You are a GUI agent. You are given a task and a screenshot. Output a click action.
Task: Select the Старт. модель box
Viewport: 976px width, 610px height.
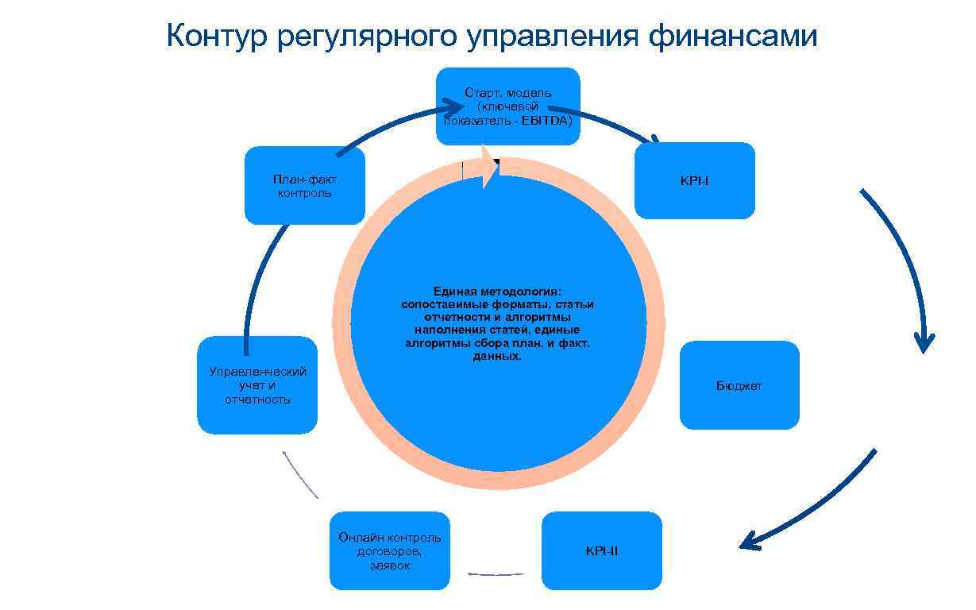[508, 106]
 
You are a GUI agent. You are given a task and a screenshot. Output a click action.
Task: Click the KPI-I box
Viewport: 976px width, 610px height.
[694, 181]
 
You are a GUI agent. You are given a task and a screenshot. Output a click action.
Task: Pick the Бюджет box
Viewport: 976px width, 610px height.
[739, 386]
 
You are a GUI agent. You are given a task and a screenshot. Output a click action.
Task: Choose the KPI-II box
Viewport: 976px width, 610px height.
[601, 551]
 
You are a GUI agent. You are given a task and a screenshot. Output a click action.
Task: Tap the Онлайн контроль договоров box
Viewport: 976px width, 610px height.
[389, 551]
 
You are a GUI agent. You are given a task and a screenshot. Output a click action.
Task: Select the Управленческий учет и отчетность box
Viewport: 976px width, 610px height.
[257, 386]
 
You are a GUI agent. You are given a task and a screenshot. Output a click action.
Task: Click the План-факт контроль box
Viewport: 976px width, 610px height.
[304, 186]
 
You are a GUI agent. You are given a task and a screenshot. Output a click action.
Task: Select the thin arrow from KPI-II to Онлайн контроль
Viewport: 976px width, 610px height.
[496, 573]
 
